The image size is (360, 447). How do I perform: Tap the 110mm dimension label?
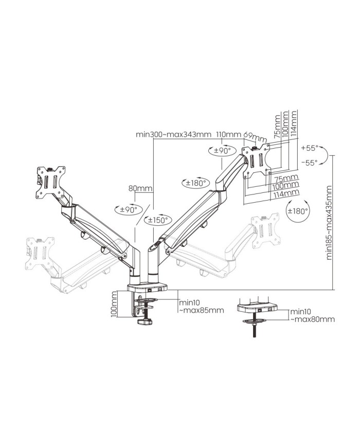228,135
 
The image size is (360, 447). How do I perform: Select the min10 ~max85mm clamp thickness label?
201,307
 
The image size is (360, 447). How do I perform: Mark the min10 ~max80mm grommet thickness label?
312,315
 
